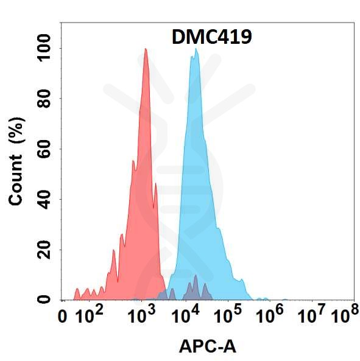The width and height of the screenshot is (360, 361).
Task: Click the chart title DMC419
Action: pyautogui.click(x=211, y=37)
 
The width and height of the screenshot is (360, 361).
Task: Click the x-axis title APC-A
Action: pyautogui.click(x=208, y=346)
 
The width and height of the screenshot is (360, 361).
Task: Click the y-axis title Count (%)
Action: pyautogui.click(x=16, y=161)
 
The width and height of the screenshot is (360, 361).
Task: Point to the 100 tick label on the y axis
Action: pyautogui.click(x=44, y=48)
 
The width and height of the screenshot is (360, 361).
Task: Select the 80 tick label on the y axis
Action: pyautogui.click(x=44, y=99)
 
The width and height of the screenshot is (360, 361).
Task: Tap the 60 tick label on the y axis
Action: pyautogui.click(x=44, y=149)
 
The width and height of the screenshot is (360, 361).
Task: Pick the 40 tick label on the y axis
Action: pyautogui.click(x=44, y=200)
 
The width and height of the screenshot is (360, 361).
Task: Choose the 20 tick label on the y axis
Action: pyautogui.click(x=44, y=250)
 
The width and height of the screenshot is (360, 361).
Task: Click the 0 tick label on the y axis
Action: pyautogui.click(x=44, y=300)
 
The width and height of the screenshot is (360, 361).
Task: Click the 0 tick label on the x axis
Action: pyautogui.click(x=62, y=317)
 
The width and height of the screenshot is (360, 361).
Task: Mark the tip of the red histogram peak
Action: pyautogui.click(x=146, y=49)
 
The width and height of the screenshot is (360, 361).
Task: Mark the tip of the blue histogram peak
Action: pyautogui.click(x=196, y=49)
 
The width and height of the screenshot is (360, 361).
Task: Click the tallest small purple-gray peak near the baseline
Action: pyautogui.click(x=196, y=275)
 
